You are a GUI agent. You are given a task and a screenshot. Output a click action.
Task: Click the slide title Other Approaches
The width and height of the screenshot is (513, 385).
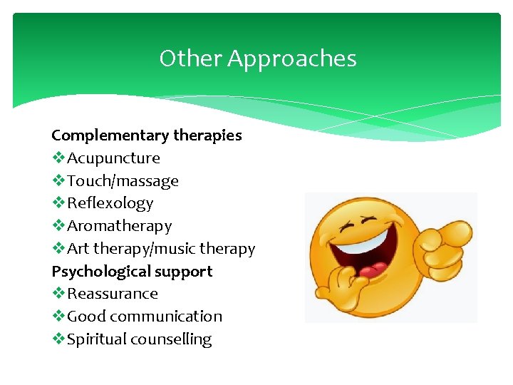[x=257, y=58]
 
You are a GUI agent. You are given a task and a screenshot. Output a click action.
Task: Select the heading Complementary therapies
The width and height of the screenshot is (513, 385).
[x=146, y=135]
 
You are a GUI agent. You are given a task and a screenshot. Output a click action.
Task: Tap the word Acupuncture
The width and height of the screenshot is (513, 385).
[x=113, y=158]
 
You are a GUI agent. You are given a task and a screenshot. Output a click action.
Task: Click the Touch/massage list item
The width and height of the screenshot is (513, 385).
[x=123, y=181]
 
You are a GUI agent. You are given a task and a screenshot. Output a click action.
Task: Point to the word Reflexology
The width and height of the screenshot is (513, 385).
[x=110, y=203]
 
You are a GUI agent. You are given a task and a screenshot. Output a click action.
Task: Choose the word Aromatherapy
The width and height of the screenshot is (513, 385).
[x=119, y=226]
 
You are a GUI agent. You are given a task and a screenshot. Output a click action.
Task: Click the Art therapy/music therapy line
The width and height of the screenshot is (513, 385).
[x=160, y=249]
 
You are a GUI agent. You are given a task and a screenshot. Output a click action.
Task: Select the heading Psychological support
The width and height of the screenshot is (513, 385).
[x=132, y=272]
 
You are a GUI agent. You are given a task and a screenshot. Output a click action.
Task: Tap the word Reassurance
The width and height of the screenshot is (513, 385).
[x=112, y=294]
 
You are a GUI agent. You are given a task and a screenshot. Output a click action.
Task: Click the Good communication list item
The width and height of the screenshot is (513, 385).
[x=144, y=317]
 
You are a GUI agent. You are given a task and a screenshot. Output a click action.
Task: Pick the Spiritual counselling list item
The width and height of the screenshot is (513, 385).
[x=139, y=339]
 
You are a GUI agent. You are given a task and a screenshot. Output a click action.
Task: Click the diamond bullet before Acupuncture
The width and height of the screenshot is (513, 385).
[x=58, y=158]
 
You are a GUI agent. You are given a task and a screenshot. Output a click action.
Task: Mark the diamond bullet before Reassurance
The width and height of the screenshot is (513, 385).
[x=58, y=294]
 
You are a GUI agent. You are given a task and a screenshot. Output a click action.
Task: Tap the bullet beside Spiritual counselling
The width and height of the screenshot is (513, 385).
[x=58, y=339]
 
